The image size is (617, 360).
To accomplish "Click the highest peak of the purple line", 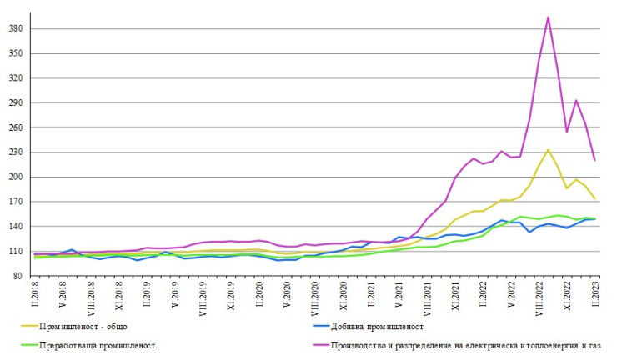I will (x=548, y=17).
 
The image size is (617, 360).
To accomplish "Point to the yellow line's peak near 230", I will (x=548, y=150).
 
